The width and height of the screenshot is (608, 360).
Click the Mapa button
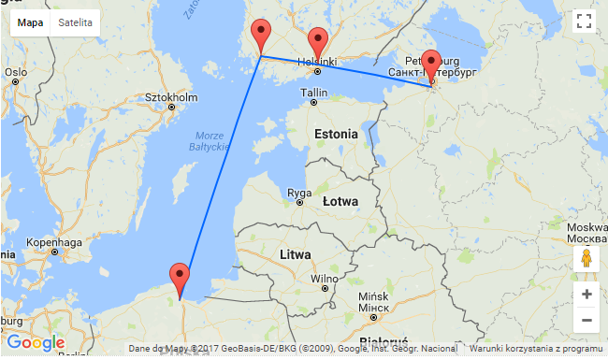30,22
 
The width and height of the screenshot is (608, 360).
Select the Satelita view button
76,22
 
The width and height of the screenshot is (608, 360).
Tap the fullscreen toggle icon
584,22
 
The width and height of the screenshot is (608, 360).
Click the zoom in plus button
586,295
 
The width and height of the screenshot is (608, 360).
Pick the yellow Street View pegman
586,259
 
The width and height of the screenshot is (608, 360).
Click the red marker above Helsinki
318,42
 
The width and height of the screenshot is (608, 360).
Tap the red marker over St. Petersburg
430,62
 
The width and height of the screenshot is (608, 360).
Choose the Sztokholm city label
171,96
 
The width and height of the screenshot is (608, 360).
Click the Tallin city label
314,93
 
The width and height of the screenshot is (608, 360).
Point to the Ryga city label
300,194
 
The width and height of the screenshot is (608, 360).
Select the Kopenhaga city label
54,240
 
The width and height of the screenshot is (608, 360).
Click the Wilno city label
324,278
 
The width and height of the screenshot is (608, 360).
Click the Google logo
35,343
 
